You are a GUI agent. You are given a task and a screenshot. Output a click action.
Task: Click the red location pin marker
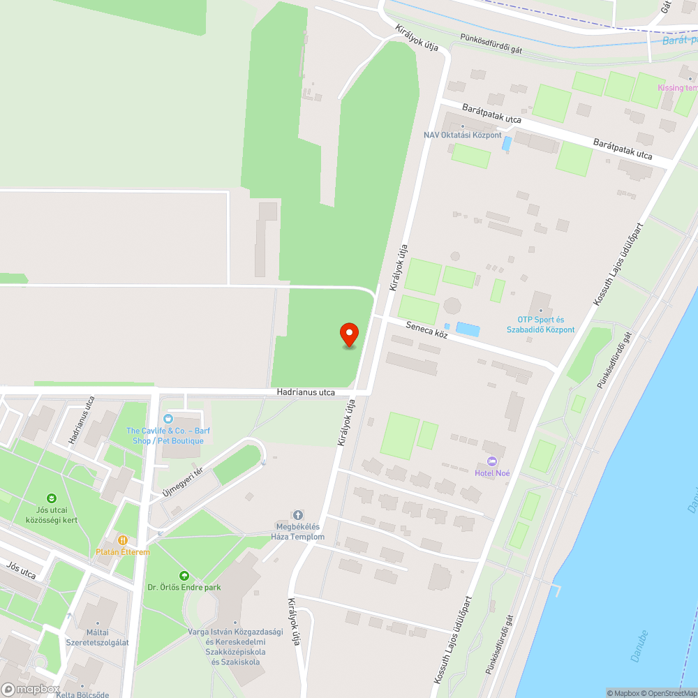(348, 334)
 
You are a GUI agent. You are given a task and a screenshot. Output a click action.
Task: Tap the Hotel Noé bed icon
(492, 461)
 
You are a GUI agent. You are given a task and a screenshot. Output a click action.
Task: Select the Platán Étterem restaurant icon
(123, 540)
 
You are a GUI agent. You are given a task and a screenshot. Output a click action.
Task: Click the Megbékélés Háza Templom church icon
(298, 514)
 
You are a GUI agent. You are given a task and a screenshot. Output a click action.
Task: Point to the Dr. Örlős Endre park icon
(184, 576)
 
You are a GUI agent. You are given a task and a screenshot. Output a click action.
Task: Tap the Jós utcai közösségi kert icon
(51, 498)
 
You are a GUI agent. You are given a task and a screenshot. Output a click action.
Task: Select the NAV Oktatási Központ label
(462, 135)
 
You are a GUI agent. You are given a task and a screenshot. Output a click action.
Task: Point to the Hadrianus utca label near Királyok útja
(305, 392)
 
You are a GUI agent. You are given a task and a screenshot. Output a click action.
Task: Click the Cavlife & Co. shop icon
(168, 419)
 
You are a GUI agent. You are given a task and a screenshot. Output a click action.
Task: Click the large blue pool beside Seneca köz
(468, 329)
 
